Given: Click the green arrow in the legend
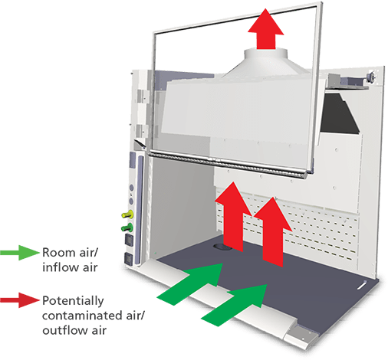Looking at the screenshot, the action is point(20,253).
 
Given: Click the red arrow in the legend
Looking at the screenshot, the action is point(20,300).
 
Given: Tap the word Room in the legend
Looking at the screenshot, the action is point(58,253).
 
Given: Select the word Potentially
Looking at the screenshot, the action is point(73,301).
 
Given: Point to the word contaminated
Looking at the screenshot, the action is point(83,316).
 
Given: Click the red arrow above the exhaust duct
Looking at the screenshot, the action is point(266,28).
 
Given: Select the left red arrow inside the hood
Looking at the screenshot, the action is point(233,217).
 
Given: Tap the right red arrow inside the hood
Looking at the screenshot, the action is point(273,232).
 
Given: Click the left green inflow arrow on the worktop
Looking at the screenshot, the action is point(190,284).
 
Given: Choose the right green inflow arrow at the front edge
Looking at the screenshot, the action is point(235,305).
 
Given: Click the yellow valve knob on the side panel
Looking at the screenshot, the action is point(128,214).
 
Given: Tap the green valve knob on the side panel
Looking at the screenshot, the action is point(127,227).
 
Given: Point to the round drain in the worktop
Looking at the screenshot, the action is point(222,247).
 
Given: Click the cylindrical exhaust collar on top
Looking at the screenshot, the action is point(266,54).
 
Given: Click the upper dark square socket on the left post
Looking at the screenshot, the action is point(129,241).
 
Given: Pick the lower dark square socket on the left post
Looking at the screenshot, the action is point(128,259).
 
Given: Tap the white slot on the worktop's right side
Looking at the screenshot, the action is point(362,285).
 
